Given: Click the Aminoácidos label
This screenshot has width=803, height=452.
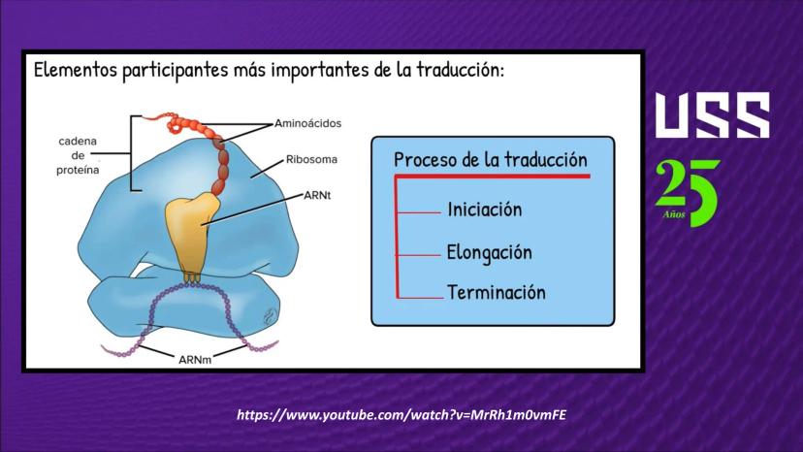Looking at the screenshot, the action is tap(307, 123).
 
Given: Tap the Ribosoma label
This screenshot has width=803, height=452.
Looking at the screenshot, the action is tap(311, 159).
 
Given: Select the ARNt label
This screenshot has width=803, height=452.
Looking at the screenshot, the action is tap(317, 195).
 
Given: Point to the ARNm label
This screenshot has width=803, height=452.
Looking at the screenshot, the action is tap(195, 360).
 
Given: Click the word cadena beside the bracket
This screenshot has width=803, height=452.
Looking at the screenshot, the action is tap(78, 141).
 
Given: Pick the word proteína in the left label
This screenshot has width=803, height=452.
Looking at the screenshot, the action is tap(78, 170).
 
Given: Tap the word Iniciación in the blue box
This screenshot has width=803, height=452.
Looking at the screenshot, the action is tap(485, 210).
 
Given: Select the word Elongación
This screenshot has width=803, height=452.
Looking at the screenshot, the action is tap(489, 252).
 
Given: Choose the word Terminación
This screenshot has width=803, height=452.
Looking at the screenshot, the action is tap(497, 293).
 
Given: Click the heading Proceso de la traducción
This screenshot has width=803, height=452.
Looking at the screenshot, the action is tap(491, 160).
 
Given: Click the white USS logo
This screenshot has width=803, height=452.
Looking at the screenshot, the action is tap(713, 115).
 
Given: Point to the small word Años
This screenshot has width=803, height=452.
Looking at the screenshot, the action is tap(674, 214).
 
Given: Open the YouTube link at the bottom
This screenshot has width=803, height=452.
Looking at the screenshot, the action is tap(401, 415).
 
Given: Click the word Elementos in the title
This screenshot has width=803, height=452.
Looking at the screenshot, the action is tap(76, 70).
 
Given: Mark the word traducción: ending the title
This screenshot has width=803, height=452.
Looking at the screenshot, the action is tap(460, 70).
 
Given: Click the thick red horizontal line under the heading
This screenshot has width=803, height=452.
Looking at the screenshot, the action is tap(492, 177).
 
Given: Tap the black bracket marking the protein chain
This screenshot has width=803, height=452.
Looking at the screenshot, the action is tap(132, 153).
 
